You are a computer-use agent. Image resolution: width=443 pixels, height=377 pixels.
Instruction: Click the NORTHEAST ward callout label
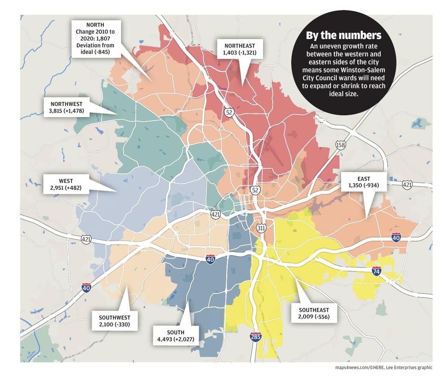coord(240,49)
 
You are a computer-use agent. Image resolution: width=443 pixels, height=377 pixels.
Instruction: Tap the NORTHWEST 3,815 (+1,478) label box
coord(66,107)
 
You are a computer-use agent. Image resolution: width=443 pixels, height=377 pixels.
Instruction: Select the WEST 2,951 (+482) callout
coord(66,184)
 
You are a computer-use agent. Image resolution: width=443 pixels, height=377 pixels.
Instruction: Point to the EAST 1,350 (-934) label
coord(364,182)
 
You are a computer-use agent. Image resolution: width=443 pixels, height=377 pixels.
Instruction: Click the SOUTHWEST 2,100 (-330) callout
coord(114,321)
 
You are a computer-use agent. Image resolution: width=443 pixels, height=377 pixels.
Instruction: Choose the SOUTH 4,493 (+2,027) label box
coord(175,336)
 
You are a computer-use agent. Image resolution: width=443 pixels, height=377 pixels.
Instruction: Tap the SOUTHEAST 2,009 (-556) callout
coord(314,313)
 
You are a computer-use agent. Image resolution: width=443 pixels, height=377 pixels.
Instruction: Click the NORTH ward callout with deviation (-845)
coord(95,38)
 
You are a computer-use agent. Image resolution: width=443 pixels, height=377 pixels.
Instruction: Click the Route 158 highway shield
coord(340,145)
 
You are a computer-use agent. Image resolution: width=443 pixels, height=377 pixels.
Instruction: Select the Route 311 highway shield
coord(261,228)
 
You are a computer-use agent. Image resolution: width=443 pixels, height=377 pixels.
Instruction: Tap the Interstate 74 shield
coord(376,271)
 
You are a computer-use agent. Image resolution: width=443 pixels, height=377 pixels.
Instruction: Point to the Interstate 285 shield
coord(255,337)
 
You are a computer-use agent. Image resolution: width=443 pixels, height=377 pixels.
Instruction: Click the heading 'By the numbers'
coord(343,35)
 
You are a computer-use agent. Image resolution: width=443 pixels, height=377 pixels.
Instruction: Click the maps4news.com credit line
coord(384,367)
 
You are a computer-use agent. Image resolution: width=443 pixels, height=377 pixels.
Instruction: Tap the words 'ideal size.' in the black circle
coord(343,94)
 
